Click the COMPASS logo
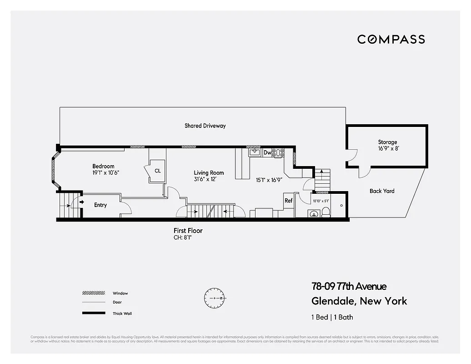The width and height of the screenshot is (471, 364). coord(391,39)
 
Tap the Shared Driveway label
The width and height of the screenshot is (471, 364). coord(205,126)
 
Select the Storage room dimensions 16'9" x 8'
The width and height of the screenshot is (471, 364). coord(387,148)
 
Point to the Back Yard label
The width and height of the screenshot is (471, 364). coord(382,191)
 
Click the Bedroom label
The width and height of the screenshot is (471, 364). coord(103,167)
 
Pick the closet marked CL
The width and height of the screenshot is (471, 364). coord(158,171)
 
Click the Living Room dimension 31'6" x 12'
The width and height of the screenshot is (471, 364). coord(209,179)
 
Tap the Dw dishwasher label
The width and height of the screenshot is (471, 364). coord(267,153)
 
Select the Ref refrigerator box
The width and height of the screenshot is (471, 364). coord(288,201)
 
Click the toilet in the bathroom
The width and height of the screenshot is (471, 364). coord(326,212)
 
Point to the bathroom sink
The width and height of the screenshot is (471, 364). coord(313,213)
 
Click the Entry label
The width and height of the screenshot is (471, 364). coord(100,205)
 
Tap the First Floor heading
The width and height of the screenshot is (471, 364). coord(188,231)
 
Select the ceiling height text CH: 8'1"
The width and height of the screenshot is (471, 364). coord(182,238)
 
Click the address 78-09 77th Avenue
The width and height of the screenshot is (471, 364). coord(349,286)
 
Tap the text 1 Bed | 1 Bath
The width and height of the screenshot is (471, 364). coord(332,317)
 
